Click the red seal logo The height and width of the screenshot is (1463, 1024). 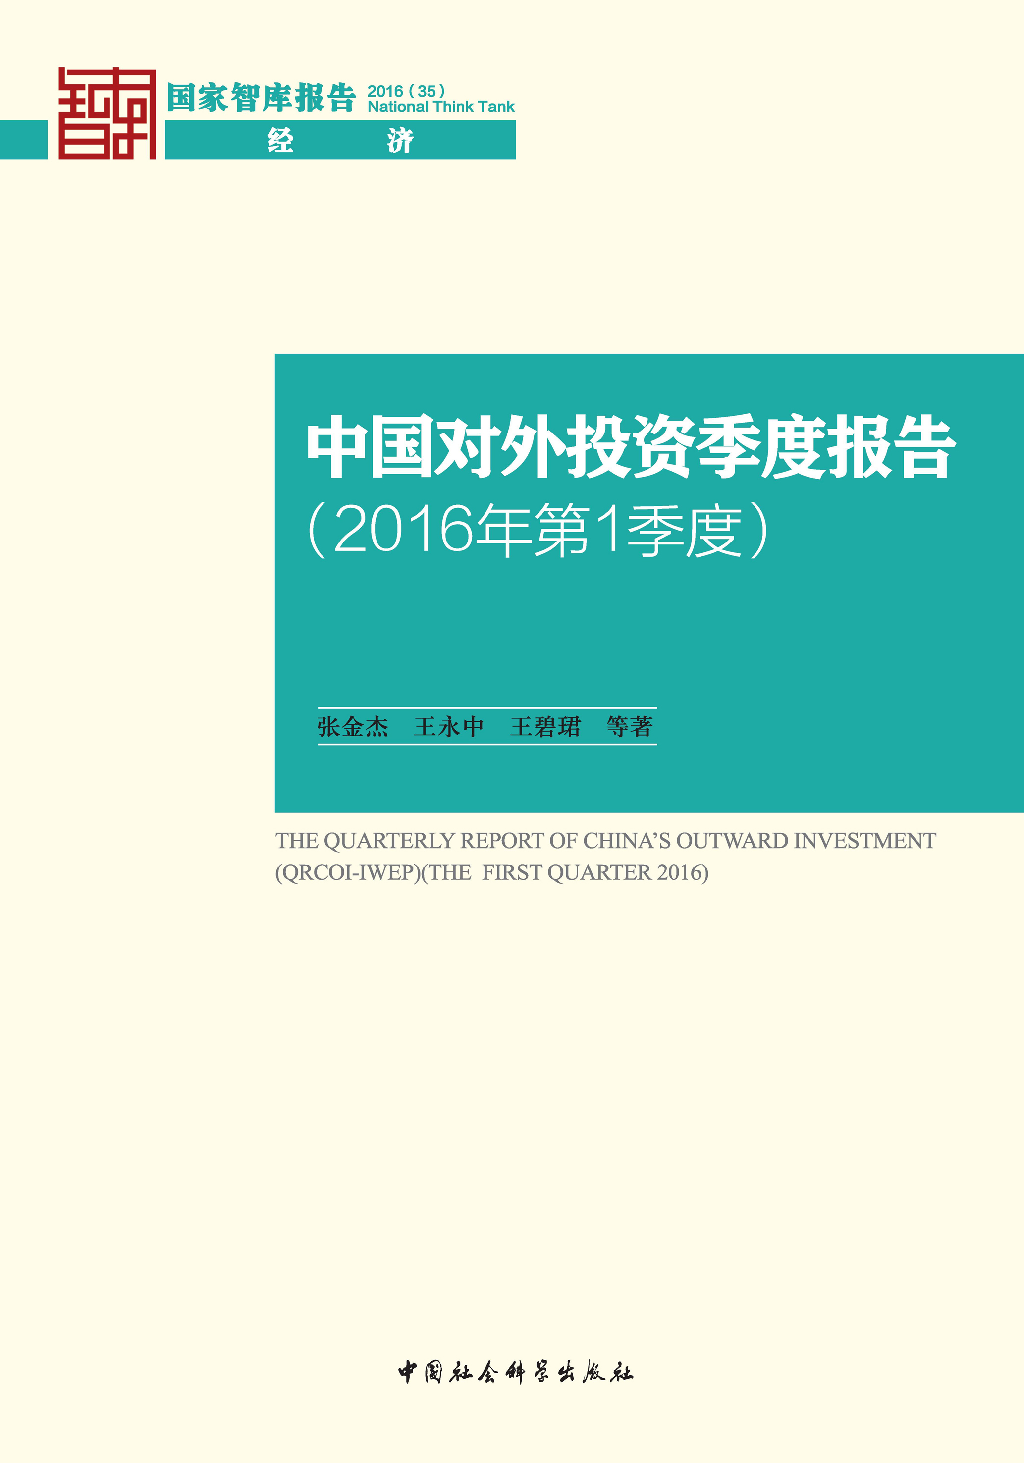tap(107, 113)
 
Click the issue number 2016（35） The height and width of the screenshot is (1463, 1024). tap(407, 91)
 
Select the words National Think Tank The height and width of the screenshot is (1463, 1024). tap(441, 107)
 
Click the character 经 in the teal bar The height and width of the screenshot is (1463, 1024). tap(280, 140)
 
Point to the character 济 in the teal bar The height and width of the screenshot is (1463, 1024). tap(400, 140)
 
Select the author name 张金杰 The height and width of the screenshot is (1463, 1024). tap(353, 726)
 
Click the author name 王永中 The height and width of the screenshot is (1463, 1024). tap(449, 726)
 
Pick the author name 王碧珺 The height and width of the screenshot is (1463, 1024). tap(545, 726)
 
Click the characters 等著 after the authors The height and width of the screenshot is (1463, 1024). tap(630, 726)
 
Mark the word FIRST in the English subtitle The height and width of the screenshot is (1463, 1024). tap(512, 872)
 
